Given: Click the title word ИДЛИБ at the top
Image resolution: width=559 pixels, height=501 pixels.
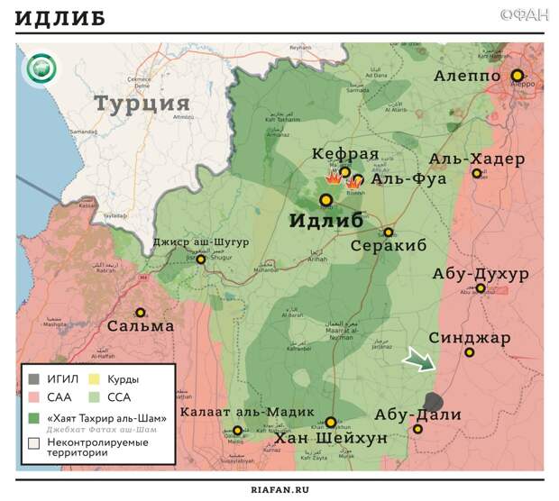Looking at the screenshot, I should tap(60, 18).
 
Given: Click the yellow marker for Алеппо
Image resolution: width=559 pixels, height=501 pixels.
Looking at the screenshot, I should tap(518, 76).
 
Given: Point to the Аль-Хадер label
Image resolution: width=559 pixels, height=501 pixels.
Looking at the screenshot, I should tap(476, 159).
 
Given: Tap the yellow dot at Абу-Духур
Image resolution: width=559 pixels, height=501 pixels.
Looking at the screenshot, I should tap(481, 289).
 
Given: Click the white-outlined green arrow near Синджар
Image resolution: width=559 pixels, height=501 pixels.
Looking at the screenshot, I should tap(418, 360).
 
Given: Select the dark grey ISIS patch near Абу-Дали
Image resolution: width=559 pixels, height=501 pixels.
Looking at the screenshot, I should tap(434, 403).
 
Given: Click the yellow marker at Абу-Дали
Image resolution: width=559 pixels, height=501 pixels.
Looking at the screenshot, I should tap(417, 429).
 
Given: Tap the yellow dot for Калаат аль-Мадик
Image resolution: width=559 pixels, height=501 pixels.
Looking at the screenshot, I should tap(237, 431).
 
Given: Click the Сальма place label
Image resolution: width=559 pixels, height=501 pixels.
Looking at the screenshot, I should tap(140, 325).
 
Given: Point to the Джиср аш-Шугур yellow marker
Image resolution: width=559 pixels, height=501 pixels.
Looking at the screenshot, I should tap(201, 260).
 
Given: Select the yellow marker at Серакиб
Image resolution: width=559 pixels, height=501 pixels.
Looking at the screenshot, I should tap(389, 232).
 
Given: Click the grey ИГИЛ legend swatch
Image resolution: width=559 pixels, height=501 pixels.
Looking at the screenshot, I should tap(34, 379).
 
